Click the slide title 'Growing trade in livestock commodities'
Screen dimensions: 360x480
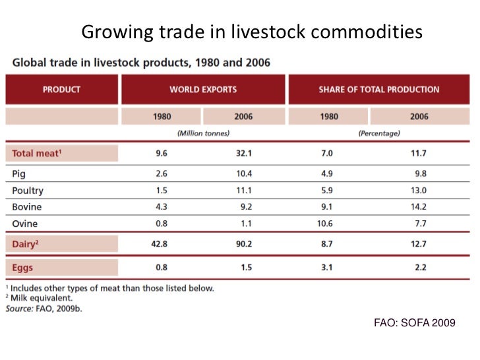pos(251,32)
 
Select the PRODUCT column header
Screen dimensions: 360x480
pos(61,90)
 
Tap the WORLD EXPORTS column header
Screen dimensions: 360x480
pos(202,90)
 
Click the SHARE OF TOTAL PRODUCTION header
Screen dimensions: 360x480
pos(378,90)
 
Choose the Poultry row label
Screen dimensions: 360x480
pos(28,191)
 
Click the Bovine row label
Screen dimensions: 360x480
pos(27,207)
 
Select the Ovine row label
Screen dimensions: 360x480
pos(25,224)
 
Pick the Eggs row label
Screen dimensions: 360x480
pos(22,268)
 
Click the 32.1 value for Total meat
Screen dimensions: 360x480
pos(243,154)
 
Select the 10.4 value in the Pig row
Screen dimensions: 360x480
pos(243,174)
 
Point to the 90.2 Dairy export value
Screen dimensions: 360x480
pos(243,245)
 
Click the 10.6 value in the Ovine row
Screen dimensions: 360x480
pos(324,224)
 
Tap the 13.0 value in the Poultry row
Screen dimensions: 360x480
pos(419,191)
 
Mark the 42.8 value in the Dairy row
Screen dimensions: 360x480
pos(161,245)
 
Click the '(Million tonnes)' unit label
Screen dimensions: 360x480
pos(203,133)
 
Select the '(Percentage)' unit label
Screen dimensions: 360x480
pos(378,133)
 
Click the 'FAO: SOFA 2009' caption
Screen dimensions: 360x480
pos(414,323)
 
